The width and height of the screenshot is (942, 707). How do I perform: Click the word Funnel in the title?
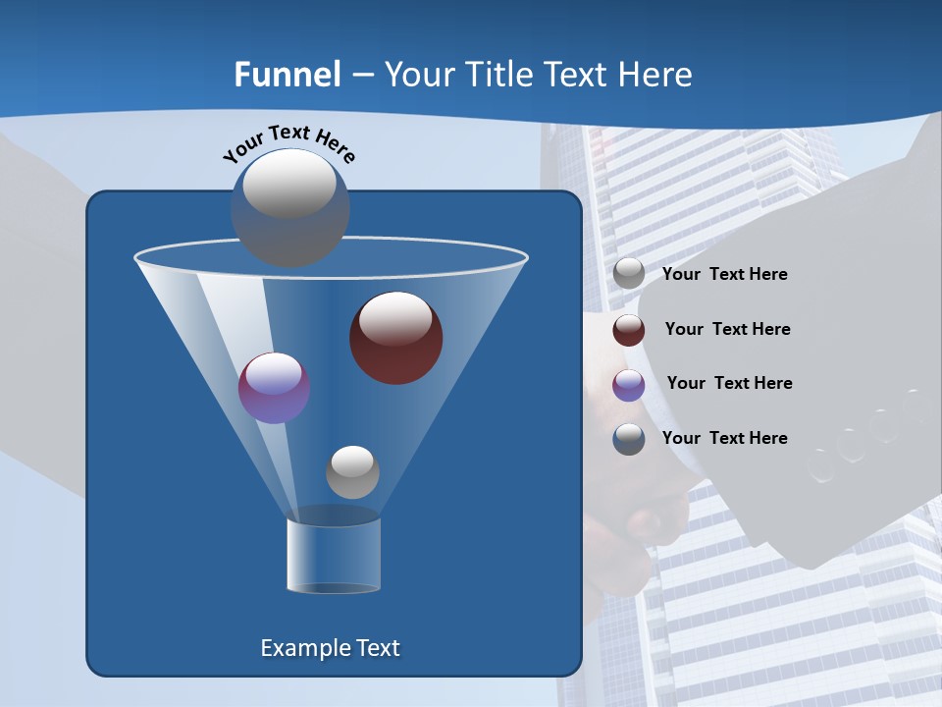tap(287, 75)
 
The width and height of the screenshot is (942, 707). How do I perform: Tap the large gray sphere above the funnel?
tap(289, 207)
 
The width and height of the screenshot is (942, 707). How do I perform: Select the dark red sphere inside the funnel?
tap(395, 338)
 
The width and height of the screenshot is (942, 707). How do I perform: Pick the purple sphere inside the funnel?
tap(275, 388)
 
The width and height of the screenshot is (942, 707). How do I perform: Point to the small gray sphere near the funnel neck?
tap(352, 471)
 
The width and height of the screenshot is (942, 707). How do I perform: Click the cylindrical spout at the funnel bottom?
tap(334, 555)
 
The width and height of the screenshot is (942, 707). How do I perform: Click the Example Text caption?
tap(330, 648)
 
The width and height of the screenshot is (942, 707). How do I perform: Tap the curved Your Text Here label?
tap(288, 142)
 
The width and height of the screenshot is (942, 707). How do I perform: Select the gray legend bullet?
tap(629, 274)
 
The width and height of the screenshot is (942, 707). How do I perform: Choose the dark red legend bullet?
tap(629, 330)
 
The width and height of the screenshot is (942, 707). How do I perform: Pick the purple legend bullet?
tap(629, 385)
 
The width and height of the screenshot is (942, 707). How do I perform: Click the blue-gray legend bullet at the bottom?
tap(629, 439)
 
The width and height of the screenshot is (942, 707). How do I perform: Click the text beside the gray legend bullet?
tap(724, 275)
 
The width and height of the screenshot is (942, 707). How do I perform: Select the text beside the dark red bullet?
tap(727, 329)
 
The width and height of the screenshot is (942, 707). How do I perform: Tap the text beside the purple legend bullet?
tap(729, 383)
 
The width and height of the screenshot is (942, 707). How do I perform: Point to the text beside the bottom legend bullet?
tap(724, 438)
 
